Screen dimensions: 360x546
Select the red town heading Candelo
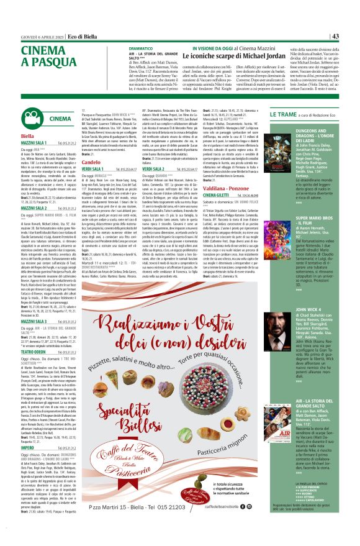[x=91, y=162]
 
